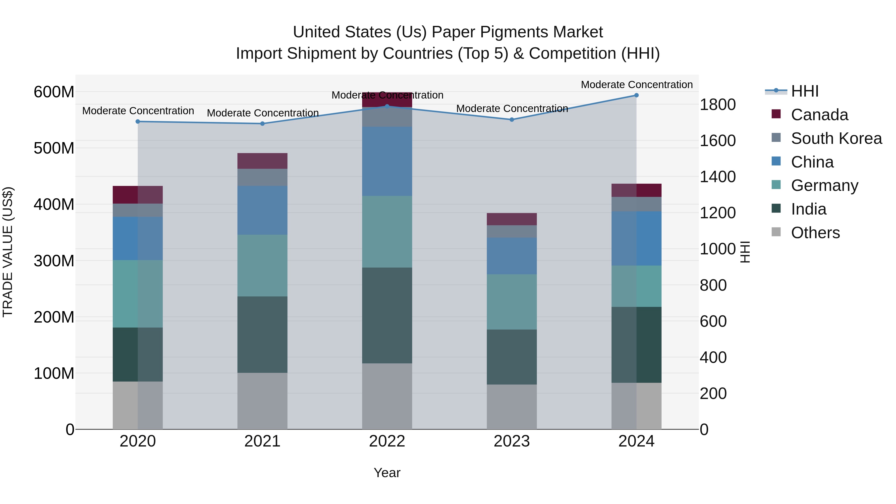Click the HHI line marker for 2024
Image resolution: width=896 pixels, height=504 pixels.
tap(636, 95)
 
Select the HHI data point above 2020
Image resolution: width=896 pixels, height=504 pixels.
tap(138, 122)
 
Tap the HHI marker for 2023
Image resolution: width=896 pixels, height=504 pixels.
tap(512, 120)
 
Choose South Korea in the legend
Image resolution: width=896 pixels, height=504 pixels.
tap(836, 138)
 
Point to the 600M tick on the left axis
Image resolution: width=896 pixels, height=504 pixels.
tap(54, 92)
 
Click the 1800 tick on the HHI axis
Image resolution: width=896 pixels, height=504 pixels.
tap(718, 105)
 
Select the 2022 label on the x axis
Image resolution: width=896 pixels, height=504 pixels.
tap(387, 441)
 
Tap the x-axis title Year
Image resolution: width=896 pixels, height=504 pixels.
tap(387, 473)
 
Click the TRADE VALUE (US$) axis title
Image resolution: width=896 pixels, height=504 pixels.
tap(8, 252)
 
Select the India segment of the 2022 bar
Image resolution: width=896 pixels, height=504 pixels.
tap(387, 316)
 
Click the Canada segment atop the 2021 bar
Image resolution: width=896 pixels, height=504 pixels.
tap(262, 161)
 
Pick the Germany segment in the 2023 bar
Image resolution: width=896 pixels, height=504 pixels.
tap(512, 302)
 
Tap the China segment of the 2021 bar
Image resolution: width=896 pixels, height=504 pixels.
tap(262, 210)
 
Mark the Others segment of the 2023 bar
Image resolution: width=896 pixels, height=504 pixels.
tap(512, 407)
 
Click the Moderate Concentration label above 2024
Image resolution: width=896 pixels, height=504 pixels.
tap(636, 85)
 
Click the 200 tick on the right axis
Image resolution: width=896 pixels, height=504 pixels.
tap(713, 394)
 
